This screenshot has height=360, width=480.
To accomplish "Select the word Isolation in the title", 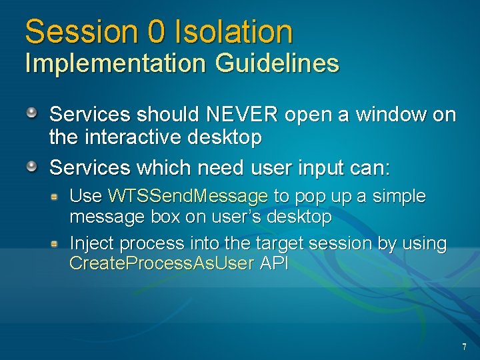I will pyautogui.click(x=233, y=31).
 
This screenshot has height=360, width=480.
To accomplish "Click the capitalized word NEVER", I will pyautogui.click(x=242, y=115).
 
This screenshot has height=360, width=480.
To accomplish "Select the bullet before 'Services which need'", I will pyautogui.click(x=32, y=165).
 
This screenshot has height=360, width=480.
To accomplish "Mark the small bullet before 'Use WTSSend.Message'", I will pyautogui.click(x=58, y=196).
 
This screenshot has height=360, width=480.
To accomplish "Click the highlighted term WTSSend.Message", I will pyautogui.click(x=187, y=197).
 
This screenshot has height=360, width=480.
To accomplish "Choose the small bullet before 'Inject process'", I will pyautogui.click(x=58, y=244).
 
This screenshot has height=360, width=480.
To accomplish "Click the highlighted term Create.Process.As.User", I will pyautogui.click(x=161, y=263).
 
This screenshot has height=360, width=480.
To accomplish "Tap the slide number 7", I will pyautogui.click(x=464, y=347).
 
